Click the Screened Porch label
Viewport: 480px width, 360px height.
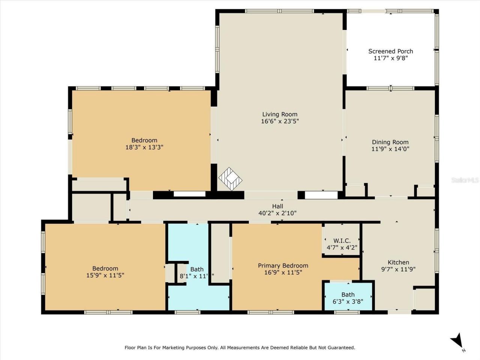coord(390,51)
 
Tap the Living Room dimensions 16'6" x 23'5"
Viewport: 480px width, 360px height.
coord(280,121)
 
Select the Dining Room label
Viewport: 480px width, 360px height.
coord(390,142)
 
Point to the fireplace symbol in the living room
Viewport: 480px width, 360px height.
coord(230,178)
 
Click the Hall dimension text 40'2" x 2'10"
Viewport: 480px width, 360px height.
coord(277,213)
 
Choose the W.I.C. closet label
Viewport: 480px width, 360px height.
coord(342,241)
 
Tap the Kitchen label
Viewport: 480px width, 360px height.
coord(398,262)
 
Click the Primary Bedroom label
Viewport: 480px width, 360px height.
coord(283,265)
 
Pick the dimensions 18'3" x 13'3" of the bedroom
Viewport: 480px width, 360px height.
coord(144,147)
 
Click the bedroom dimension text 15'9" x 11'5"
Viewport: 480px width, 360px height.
coord(105,275)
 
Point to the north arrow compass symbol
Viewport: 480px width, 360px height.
coord(457,342)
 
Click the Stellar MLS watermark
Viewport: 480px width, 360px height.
coord(465,180)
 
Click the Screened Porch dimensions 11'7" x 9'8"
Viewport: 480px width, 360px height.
coord(390,58)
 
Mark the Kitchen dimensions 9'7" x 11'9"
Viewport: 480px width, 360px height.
coord(398,269)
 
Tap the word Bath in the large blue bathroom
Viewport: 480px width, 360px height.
coord(197,269)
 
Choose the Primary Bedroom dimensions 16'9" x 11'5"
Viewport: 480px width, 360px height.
coord(283,272)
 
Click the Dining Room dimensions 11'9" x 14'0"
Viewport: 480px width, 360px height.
coord(390,149)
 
